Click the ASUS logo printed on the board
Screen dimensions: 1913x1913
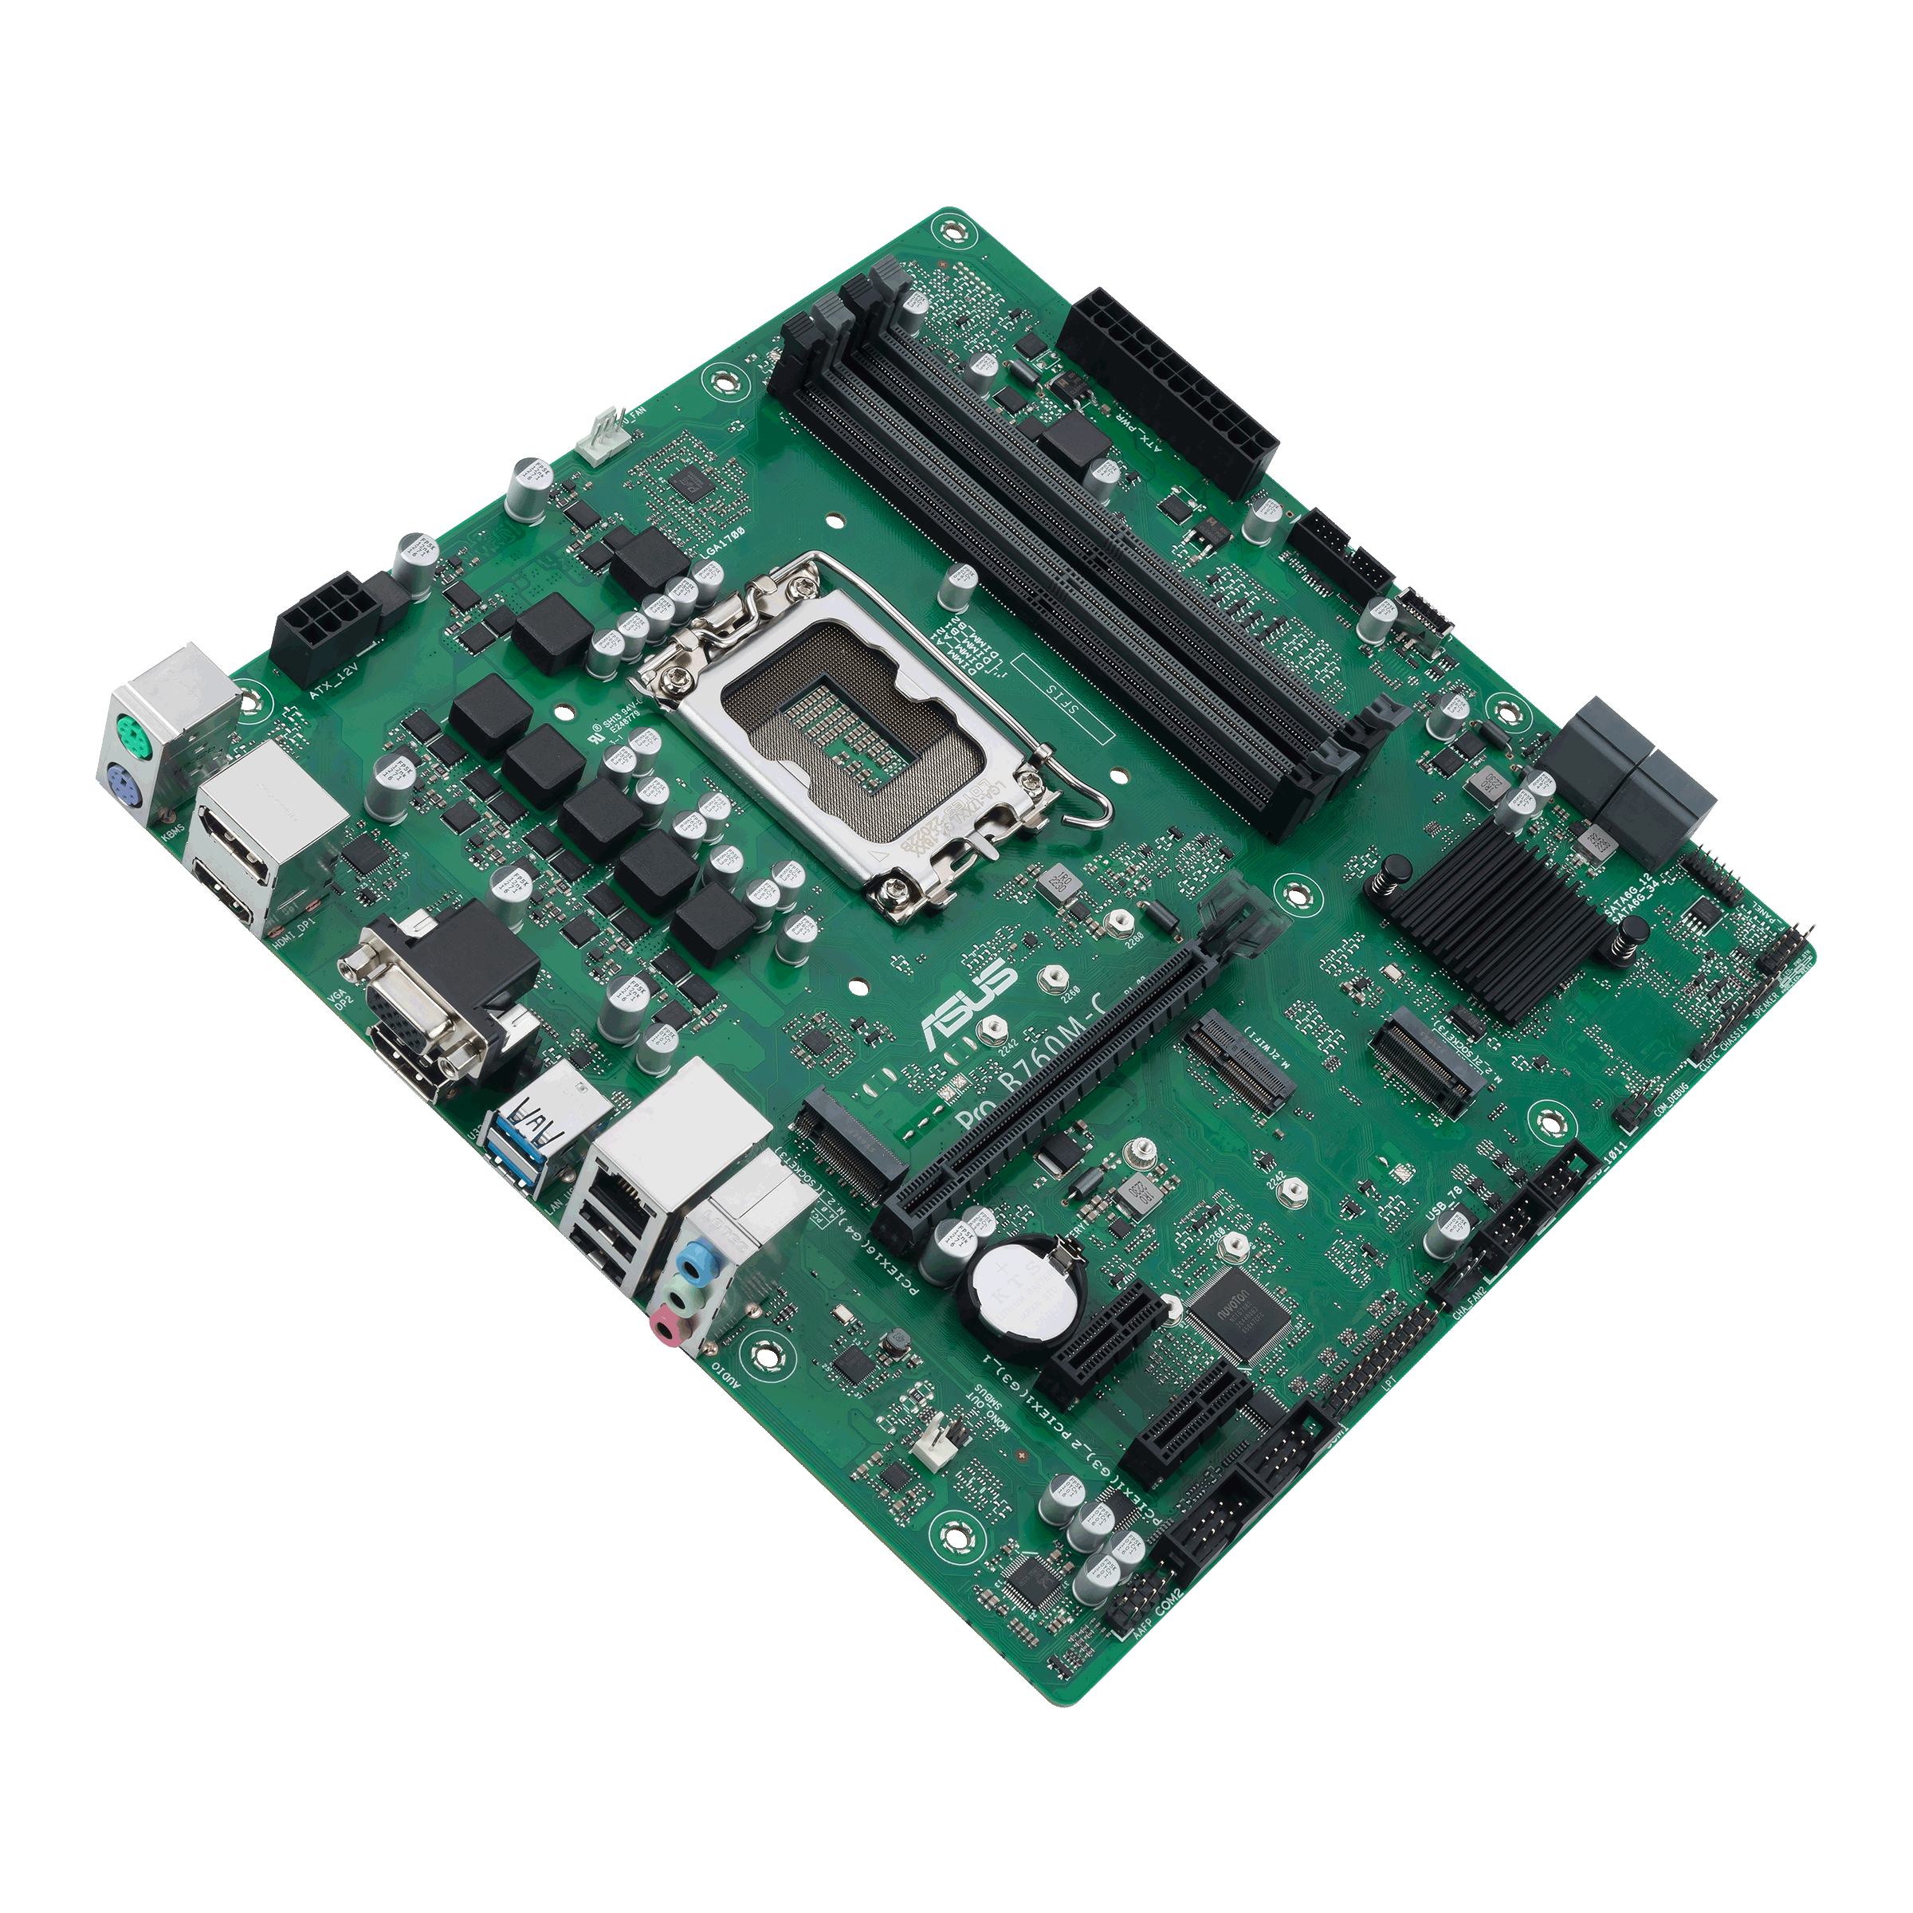coord(968,1002)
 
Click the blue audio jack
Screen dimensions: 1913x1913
coord(699,1263)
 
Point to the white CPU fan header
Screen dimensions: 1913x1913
coord(603,437)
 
